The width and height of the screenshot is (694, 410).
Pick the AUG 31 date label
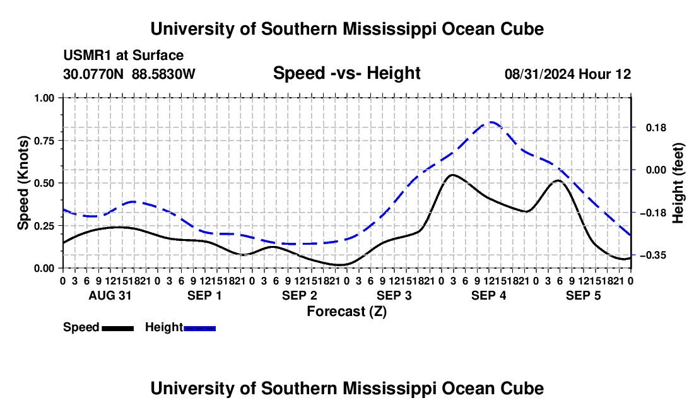tap(110, 295)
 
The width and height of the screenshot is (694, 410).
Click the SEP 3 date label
tap(394, 295)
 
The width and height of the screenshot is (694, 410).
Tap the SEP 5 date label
tap(584, 295)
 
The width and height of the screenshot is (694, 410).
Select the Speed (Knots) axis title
tap(23, 183)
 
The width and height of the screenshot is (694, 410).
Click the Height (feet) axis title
tap(678, 183)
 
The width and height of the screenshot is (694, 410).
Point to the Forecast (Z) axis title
tap(347, 312)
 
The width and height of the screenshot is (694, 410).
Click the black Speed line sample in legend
tap(118, 329)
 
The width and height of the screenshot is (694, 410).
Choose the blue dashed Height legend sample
tap(199, 329)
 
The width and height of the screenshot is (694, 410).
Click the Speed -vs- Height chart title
tap(347, 73)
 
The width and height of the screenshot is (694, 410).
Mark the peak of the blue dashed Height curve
tap(490, 122)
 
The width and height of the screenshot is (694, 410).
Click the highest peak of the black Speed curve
tap(452, 175)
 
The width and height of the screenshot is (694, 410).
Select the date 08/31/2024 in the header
tap(539, 74)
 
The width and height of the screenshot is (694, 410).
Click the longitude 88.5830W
tap(163, 74)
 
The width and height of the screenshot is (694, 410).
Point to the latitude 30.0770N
tap(93, 74)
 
